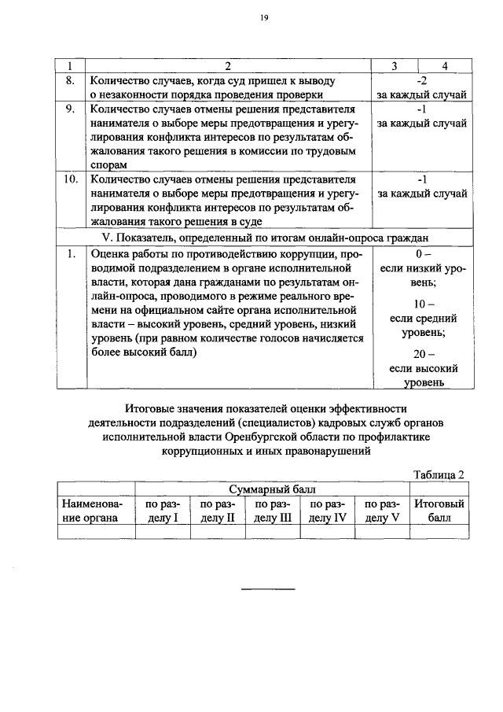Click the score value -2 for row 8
tap(422, 81)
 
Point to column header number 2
tap(227, 67)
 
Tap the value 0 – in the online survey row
tap(422, 254)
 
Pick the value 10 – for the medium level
tap(422, 304)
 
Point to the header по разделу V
tap(383, 511)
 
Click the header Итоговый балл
tap(439, 511)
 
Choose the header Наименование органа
tap(90, 511)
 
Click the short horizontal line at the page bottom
tap(267, 588)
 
